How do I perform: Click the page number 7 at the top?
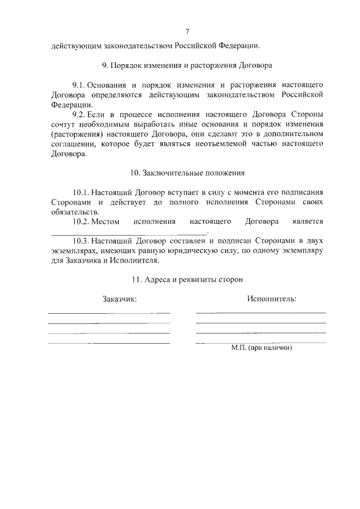(x=187, y=31)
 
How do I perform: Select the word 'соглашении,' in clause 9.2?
(x=69, y=145)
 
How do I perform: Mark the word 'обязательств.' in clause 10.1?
(x=74, y=212)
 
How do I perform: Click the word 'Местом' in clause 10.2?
(x=106, y=222)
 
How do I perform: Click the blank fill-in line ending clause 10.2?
(x=129, y=232)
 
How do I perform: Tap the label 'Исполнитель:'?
(x=272, y=299)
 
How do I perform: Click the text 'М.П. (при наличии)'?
(x=262, y=348)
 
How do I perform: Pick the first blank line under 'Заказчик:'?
(x=109, y=313)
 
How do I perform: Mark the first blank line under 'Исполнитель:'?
(x=260, y=312)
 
